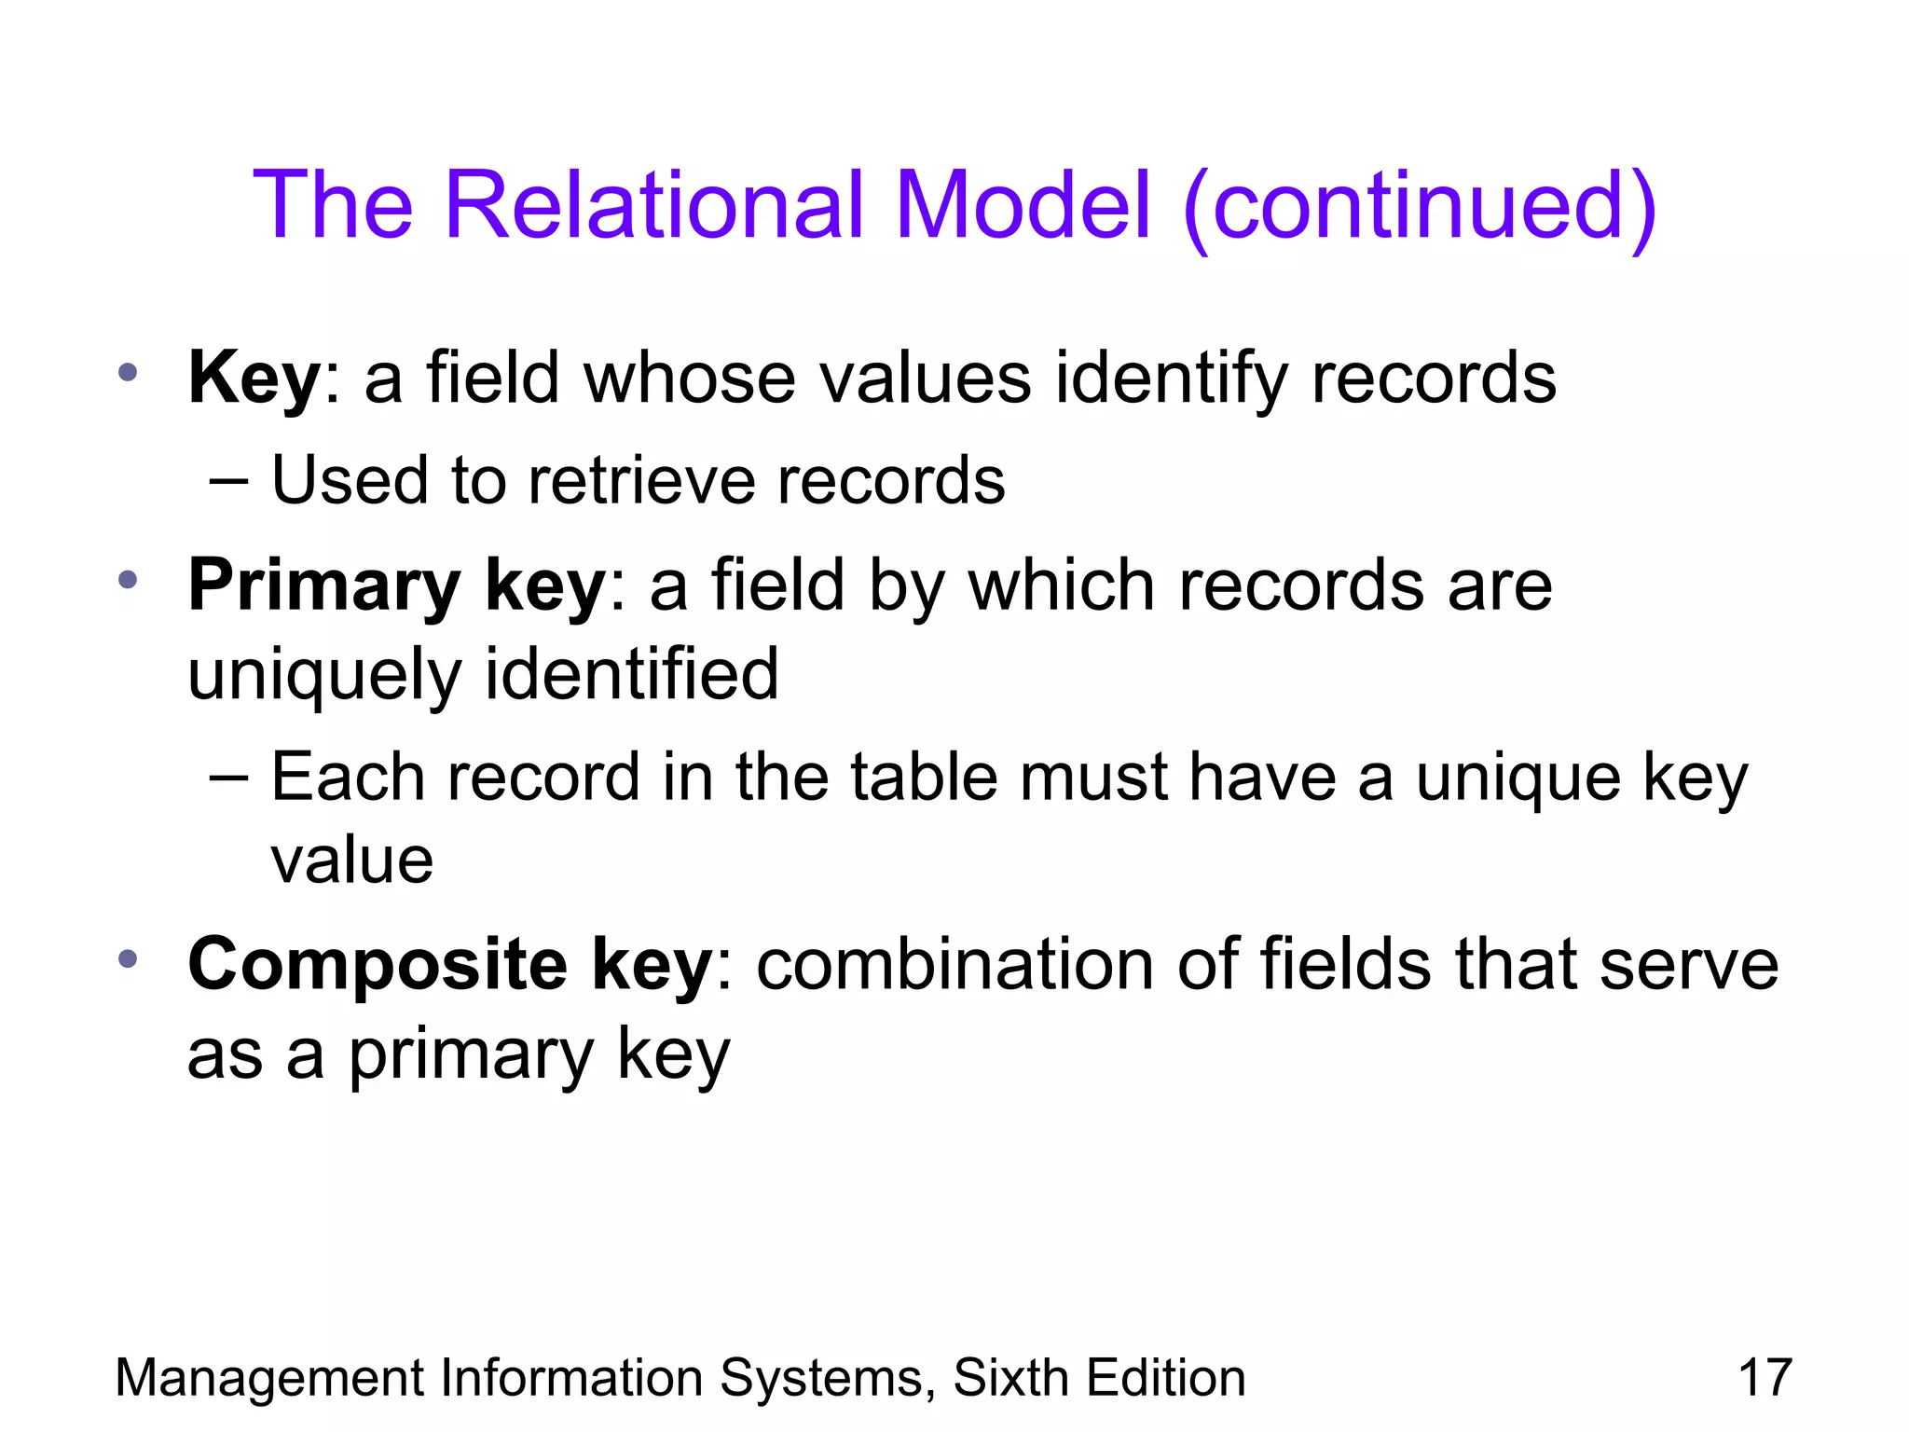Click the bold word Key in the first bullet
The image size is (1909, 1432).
point(254,378)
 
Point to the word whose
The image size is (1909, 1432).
point(689,378)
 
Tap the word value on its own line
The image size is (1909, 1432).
point(351,860)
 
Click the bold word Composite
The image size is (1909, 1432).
point(378,965)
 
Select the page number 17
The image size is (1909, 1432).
point(1765,1378)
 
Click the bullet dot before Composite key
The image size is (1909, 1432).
point(129,957)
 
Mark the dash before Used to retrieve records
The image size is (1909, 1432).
point(229,481)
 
